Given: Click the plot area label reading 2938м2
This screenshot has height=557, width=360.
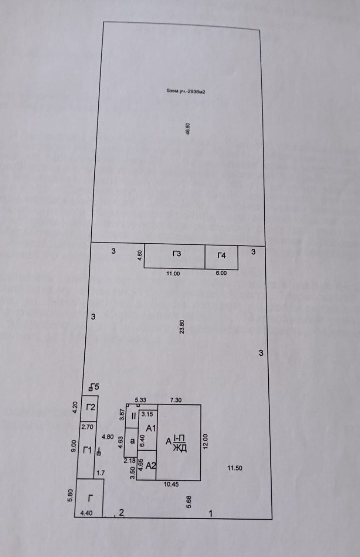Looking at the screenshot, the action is pyautogui.click(x=186, y=91).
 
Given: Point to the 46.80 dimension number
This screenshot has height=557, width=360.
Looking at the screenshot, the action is pyautogui.click(x=188, y=129).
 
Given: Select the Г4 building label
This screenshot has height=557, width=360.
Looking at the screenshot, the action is pyautogui.click(x=222, y=255).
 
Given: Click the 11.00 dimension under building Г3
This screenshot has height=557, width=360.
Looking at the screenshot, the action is pyautogui.click(x=174, y=274).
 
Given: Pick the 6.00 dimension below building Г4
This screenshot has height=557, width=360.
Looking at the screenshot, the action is pyautogui.click(x=222, y=274).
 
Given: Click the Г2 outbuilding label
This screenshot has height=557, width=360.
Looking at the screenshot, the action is pyautogui.click(x=90, y=408).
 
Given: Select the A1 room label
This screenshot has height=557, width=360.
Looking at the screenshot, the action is pyautogui.click(x=151, y=428).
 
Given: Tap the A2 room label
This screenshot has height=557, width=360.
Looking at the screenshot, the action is pyautogui.click(x=151, y=466).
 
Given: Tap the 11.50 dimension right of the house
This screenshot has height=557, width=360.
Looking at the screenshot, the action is pyautogui.click(x=235, y=468).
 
